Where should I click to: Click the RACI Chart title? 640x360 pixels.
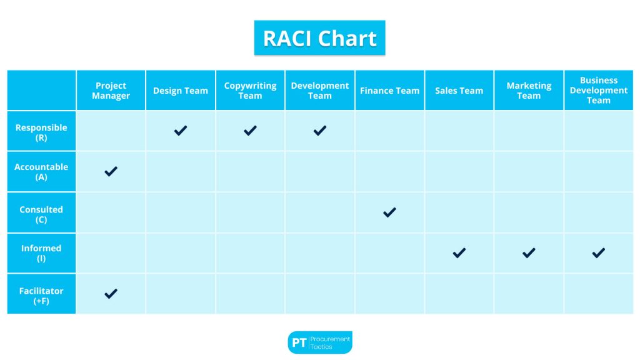(319, 38)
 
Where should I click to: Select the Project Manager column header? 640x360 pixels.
(111, 91)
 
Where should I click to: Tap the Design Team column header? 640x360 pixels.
(181, 91)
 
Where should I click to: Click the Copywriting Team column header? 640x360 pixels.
(250, 91)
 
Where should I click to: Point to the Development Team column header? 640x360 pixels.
(319, 91)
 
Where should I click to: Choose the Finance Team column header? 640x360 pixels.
(389, 91)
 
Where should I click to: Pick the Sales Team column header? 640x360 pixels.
(459, 91)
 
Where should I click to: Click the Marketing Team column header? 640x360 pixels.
(529, 91)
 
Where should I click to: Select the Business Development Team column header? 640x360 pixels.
(598, 91)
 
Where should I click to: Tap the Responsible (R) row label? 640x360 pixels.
(41, 132)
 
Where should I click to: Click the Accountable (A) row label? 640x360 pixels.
(41, 172)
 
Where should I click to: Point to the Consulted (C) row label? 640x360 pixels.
(41, 214)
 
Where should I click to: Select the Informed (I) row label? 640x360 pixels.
(41, 253)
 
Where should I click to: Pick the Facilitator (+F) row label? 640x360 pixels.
(41, 296)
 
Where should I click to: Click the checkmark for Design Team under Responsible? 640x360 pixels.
(181, 131)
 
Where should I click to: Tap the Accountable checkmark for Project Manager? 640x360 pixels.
(111, 171)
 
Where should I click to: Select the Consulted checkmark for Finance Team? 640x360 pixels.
(389, 212)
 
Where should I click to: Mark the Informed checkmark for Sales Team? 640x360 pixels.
(459, 252)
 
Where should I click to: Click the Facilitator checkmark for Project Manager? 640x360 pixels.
(111, 294)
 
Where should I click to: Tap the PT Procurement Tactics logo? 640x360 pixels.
(319, 342)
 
